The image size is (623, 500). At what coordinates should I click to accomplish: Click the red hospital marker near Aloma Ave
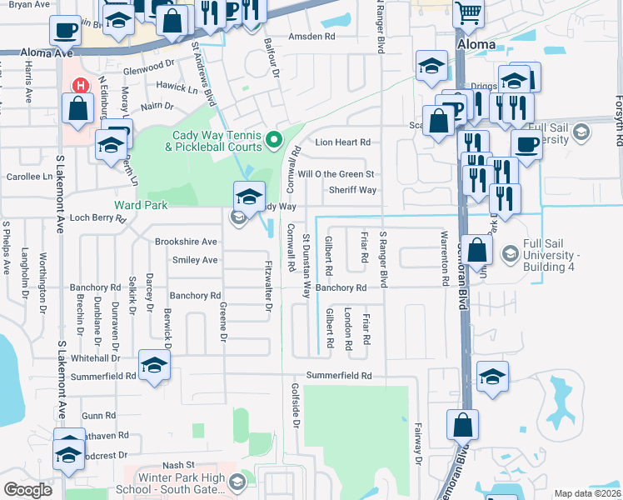81,85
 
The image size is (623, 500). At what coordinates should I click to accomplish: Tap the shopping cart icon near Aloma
469,12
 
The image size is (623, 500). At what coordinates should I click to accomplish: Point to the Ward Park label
141,205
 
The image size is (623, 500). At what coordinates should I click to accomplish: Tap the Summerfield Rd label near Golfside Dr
338,376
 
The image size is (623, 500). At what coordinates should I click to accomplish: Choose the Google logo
28,490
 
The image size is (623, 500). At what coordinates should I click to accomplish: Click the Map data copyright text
587,493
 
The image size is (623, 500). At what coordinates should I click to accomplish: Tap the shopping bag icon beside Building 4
477,251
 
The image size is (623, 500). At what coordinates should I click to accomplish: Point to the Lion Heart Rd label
342,142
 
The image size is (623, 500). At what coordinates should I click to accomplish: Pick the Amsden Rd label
311,37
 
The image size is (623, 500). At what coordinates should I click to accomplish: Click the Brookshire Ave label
186,242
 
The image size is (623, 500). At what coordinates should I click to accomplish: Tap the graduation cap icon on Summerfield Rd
153,367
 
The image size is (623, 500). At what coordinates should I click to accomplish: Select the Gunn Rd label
98,415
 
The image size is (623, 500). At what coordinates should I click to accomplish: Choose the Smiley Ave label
194,260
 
